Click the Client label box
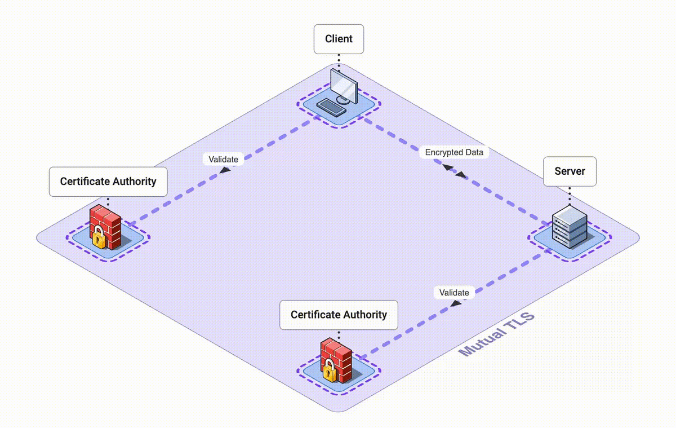339,39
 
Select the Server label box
570,171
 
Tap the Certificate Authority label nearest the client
108,182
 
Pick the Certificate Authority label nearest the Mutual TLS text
339,315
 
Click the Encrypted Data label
454,152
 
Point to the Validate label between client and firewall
224,159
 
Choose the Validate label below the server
454,293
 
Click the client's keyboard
331,107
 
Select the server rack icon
569,227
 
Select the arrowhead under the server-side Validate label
456,303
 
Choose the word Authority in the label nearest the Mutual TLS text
363,315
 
